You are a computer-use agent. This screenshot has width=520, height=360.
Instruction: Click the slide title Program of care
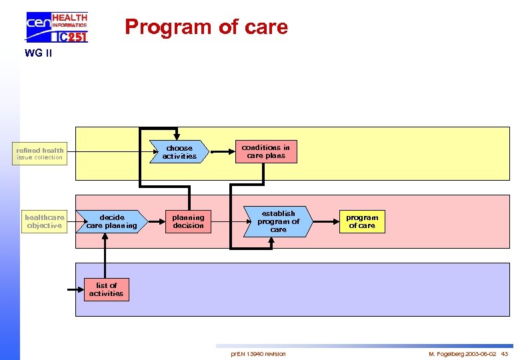[x=206, y=27]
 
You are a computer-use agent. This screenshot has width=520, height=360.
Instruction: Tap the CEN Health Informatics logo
[x=57, y=27]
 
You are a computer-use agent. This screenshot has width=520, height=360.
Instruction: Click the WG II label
[x=38, y=53]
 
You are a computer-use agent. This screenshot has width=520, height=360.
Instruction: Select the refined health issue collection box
[x=40, y=153]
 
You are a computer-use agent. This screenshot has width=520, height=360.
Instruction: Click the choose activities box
[x=179, y=152]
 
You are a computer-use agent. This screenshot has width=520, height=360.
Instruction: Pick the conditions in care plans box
[x=265, y=151]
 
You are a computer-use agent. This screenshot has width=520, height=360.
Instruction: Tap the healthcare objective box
[x=44, y=221]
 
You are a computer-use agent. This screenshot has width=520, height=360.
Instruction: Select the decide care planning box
[x=111, y=221]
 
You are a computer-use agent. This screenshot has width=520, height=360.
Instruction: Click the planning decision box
[x=188, y=221]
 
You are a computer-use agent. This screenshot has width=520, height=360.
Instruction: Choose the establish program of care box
[x=278, y=221]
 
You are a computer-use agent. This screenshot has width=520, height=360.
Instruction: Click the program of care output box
[x=362, y=221]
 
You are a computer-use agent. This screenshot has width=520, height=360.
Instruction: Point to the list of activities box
[x=106, y=289]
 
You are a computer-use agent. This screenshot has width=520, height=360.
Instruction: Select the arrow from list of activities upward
[x=105, y=256]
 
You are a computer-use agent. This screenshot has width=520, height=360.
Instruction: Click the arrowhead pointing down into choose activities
[x=175, y=136]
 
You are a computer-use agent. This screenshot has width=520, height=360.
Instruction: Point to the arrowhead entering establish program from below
[x=270, y=243]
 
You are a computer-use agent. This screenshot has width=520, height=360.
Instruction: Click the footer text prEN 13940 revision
[x=258, y=353]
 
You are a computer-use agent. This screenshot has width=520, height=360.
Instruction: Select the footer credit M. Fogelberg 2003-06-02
[x=462, y=353]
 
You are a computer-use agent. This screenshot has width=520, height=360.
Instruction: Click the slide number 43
[x=504, y=353]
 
